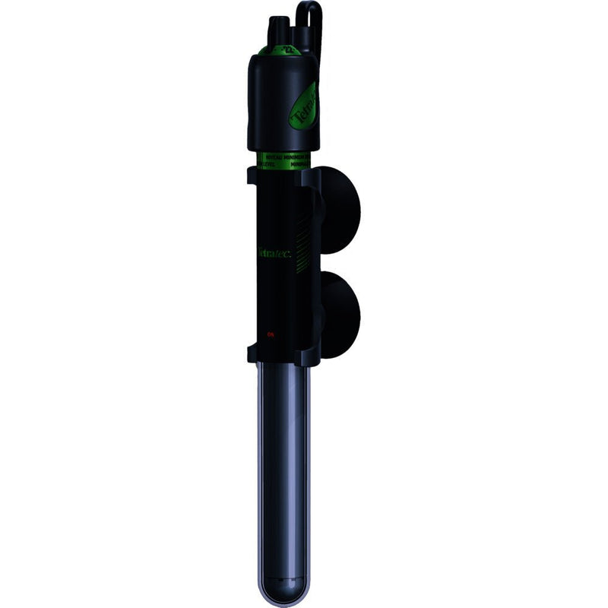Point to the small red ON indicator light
click(x=270, y=334)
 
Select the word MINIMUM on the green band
click(x=292, y=154)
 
